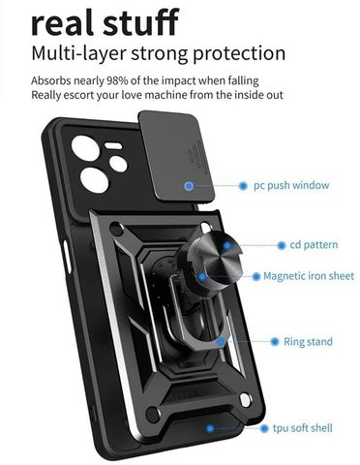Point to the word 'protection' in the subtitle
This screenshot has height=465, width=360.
point(239,53)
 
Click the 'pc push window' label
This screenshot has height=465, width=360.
point(291,186)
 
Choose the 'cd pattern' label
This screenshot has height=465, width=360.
point(314,245)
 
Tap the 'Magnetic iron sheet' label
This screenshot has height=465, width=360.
point(309,276)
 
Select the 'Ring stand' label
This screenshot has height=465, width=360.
point(308,342)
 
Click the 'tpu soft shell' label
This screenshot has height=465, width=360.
point(303,428)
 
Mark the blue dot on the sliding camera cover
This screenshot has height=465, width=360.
point(189,186)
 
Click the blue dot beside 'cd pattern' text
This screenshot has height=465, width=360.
point(282,245)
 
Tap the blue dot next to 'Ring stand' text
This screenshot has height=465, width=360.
point(275,341)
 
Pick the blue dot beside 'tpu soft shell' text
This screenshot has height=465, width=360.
point(264,428)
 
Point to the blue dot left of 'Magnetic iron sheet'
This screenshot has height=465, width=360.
point(256,276)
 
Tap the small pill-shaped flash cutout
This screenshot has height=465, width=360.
point(113,146)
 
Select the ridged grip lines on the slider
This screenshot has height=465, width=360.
point(196,159)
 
